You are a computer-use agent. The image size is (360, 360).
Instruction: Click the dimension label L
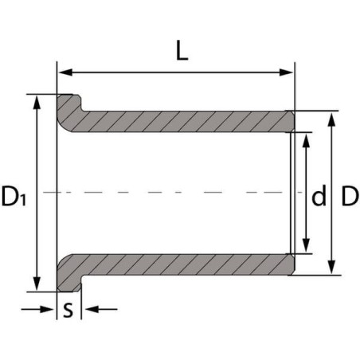tap(182, 52)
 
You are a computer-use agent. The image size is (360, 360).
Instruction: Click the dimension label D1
tap(15, 196)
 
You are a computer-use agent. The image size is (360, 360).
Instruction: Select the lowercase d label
tap(319, 196)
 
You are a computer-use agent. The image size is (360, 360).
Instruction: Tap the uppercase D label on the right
tap(349, 196)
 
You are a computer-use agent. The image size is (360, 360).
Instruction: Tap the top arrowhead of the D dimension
tap(332, 116)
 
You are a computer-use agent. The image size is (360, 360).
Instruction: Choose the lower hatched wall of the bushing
tap(183, 264)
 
